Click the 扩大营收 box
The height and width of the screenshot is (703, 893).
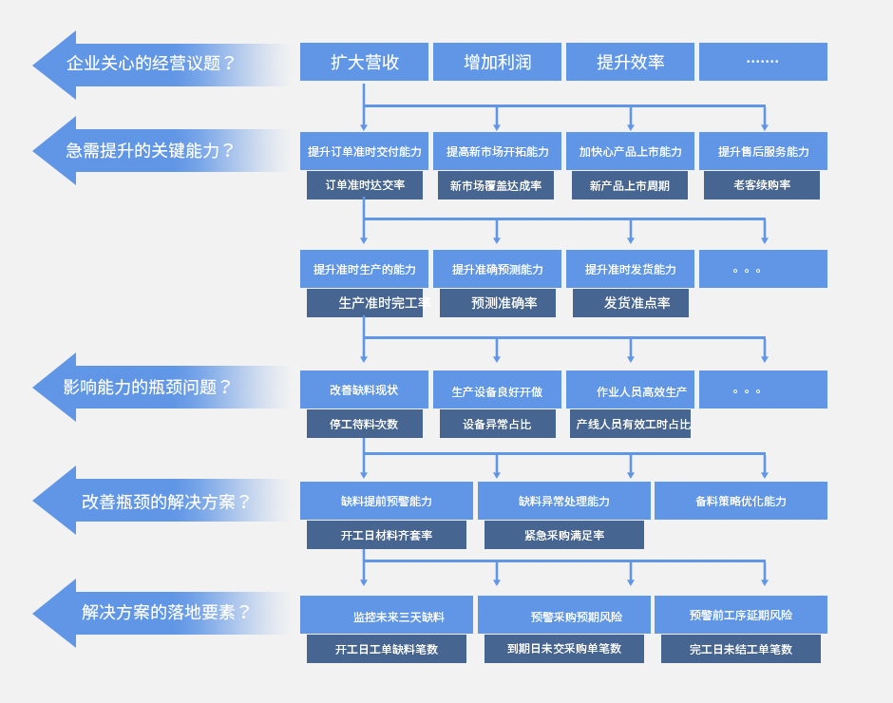point(364,62)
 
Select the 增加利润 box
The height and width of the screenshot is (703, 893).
point(497,62)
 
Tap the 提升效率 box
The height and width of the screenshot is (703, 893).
point(630,62)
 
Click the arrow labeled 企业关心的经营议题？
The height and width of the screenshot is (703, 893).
point(152,64)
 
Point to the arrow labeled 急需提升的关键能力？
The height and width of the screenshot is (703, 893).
point(152,150)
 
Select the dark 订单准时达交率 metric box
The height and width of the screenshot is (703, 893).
point(365,185)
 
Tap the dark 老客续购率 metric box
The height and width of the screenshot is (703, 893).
point(762,185)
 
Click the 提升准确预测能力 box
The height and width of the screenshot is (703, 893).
point(497,269)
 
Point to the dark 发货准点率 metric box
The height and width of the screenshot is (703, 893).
point(631,303)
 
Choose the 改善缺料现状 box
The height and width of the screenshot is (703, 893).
point(364,389)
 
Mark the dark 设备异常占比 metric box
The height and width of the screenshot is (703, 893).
point(498,424)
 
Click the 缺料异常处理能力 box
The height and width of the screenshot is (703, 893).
point(564,501)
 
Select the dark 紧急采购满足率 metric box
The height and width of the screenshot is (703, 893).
point(564,535)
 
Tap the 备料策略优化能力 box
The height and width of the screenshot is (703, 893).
point(741,501)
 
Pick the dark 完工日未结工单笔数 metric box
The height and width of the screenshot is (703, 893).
point(741,649)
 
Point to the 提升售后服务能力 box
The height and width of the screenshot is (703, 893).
point(763,151)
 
